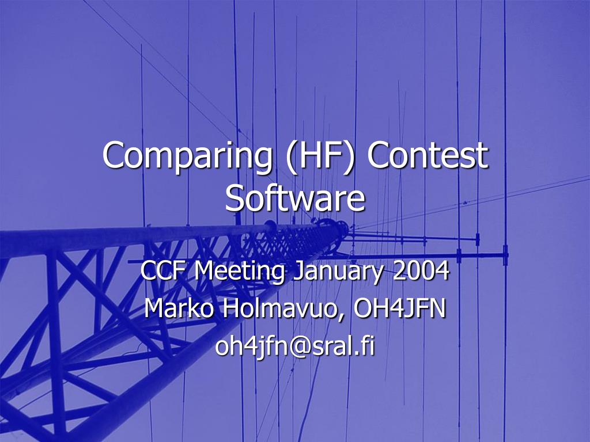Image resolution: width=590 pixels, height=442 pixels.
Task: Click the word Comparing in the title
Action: [x=187, y=157]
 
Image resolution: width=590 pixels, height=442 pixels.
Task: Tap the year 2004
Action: [x=421, y=270]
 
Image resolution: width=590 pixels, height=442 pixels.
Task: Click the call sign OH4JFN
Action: [x=400, y=308]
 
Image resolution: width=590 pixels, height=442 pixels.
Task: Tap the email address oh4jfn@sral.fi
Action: [x=295, y=346]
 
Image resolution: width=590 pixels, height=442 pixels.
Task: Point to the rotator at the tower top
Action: [x=332, y=228]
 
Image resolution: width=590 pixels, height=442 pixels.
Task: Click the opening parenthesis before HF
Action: [x=290, y=157]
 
